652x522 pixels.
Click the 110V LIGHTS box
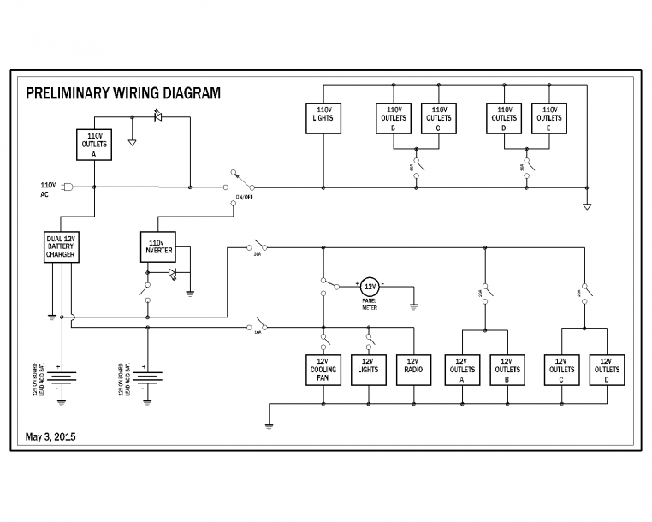click(x=323, y=118)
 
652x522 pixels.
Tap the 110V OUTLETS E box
click(x=548, y=118)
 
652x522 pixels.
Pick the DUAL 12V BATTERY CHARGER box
click(x=62, y=246)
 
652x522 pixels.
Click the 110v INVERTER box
click(x=157, y=246)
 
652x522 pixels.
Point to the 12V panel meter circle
click(x=369, y=286)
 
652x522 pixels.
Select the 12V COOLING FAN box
click(x=323, y=370)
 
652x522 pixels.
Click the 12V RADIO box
click(x=413, y=370)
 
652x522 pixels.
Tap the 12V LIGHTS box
click(x=369, y=370)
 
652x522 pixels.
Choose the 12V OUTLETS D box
click(x=606, y=370)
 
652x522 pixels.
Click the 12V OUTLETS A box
click(x=462, y=370)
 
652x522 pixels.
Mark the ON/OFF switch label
click(x=244, y=197)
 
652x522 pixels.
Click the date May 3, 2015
click(x=50, y=436)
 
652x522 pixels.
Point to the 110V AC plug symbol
click(x=69, y=187)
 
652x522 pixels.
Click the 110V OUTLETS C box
click(x=438, y=118)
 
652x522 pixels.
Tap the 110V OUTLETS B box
click(x=394, y=118)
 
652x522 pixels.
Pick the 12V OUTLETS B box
click(x=507, y=370)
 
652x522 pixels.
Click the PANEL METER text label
click(x=369, y=303)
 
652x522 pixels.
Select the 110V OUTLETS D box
click(x=504, y=118)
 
